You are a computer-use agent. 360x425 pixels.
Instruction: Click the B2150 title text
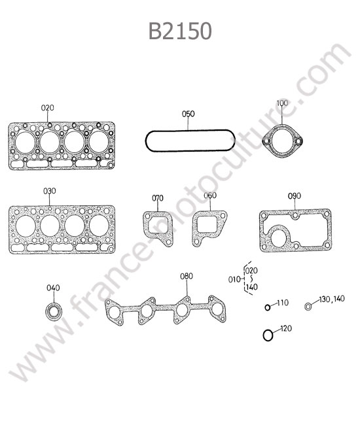coord(180,31)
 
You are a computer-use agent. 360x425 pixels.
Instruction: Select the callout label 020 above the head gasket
coord(48,108)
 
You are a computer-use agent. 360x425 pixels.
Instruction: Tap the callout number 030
coord(50,191)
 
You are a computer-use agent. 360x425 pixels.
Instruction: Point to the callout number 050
coord(189,114)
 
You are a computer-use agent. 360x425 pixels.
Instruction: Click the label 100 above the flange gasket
coord(282,103)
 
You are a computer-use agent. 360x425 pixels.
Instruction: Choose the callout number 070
coord(158,198)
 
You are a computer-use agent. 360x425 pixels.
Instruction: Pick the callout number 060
coord(210,195)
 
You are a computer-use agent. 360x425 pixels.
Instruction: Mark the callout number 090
coord(295,196)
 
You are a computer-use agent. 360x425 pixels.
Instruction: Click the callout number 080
coord(187,276)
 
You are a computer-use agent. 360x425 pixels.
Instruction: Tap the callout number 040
coord(53,288)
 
